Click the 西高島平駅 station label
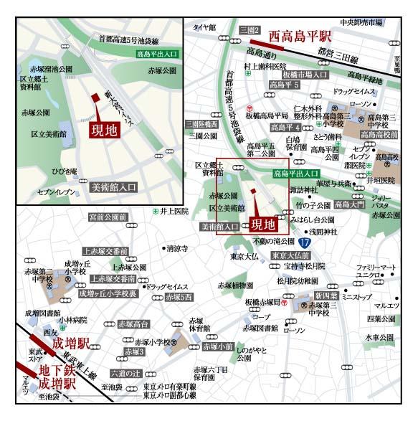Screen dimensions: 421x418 pos(300,35)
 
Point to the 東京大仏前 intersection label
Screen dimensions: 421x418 pos(290,255)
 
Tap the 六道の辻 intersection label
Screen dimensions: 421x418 pos(125,373)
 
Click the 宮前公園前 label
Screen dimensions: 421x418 pos(107,217)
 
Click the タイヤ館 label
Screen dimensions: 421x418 pos(204,27)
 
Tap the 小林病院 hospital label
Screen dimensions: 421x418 pos(74,320)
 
